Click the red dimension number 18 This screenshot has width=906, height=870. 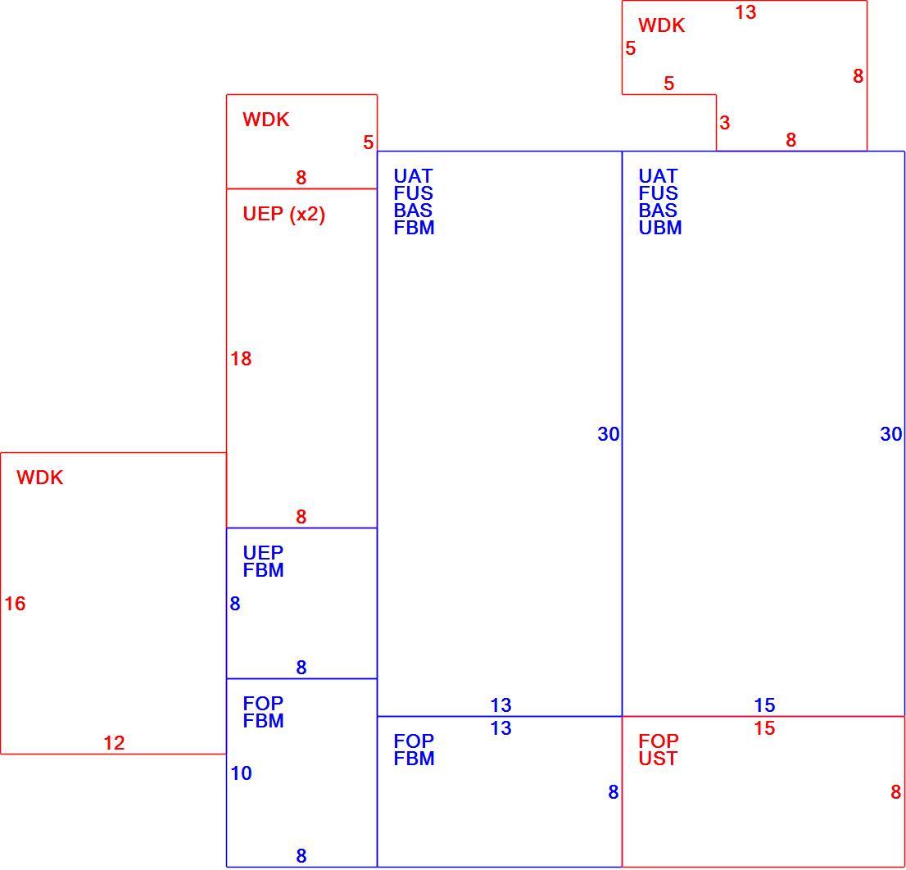pyautogui.click(x=241, y=359)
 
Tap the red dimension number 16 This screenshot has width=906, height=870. pyautogui.click(x=15, y=604)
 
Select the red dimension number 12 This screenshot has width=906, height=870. pyautogui.click(x=114, y=743)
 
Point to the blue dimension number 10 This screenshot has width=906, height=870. pyautogui.click(x=241, y=773)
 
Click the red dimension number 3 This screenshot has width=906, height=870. pyautogui.click(x=725, y=122)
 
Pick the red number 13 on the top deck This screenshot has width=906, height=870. pyautogui.click(x=745, y=12)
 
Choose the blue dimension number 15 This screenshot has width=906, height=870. pyautogui.click(x=764, y=705)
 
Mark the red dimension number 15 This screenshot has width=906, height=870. pyautogui.click(x=764, y=728)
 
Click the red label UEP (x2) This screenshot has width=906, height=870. pyautogui.click(x=283, y=215)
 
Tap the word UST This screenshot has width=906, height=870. pyautogui.click(x=658, y=759)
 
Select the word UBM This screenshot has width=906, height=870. pyautogui.click(x=660, y=228)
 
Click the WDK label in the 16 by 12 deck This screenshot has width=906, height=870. pyautogui.click(x=40, y=478)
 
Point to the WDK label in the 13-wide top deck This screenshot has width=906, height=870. pyautogui.click(x=662, y=25)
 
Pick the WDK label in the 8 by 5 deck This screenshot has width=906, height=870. pyautogui.click(x=265, y=120)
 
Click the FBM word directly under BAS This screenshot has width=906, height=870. pyautogui.click(x=414, y=228)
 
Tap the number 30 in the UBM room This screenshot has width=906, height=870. pyautogui.click(x=891, y=434)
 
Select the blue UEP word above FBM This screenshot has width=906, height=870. pyautogui.click(x=263, y=553)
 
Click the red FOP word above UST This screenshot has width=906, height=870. pyautogui.click(x=658, y=741)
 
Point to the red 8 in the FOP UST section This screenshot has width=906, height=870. pyautogui.click(x=895, y=792)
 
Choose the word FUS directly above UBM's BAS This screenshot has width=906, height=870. pyautogui.click(x=658, y=193)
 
